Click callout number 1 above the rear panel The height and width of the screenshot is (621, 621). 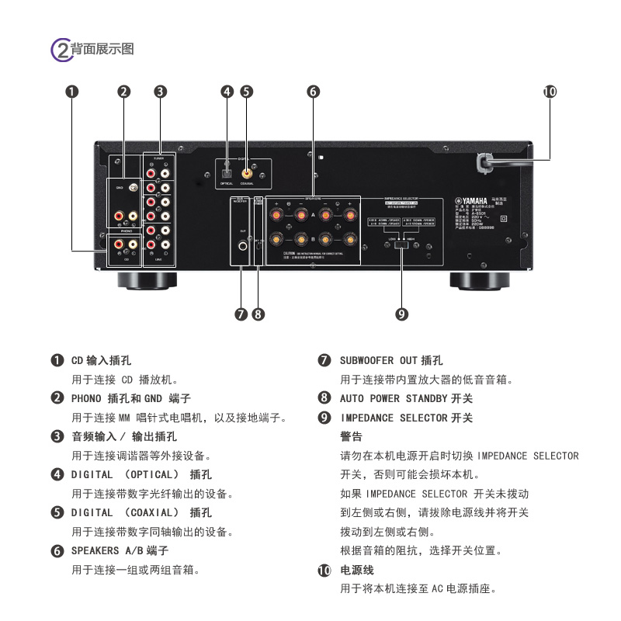[72, 92]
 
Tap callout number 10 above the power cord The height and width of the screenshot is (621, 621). [550, 92]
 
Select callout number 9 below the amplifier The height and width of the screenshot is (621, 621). [401, 314]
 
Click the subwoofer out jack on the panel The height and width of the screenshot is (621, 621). [243, 248]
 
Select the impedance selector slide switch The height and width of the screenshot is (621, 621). [401, 246]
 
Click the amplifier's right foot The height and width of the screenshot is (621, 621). [480, 280]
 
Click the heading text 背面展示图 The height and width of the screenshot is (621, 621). [102, 50]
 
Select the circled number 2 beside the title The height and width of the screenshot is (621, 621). [61, 50]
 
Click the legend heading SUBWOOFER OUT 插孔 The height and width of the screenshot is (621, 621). [391, 361]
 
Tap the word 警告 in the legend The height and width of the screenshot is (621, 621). [352, 436]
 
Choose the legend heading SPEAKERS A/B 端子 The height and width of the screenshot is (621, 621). [120, 550]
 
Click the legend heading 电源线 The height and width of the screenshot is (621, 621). [357, 570]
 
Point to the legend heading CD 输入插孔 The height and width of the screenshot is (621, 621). [101, 361]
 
